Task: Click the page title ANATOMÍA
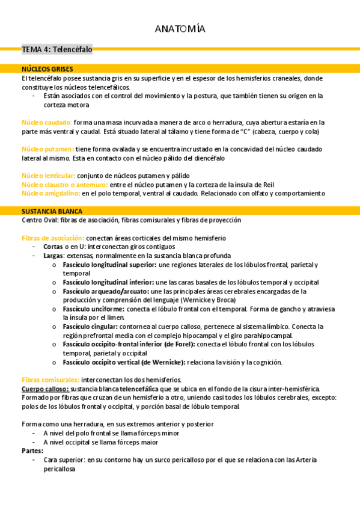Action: tap(180, 29)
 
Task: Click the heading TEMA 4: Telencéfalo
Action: tap(57, 50)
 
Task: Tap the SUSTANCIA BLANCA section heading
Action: tap(52, 211)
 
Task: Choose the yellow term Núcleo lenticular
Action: tap(49, 175)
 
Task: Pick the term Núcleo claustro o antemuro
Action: tap(64, 184)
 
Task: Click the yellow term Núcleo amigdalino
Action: tap(50, 193)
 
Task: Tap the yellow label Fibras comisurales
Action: tap(50, 379)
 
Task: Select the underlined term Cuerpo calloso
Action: tap(44, 389)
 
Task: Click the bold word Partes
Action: tap(32, 450)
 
